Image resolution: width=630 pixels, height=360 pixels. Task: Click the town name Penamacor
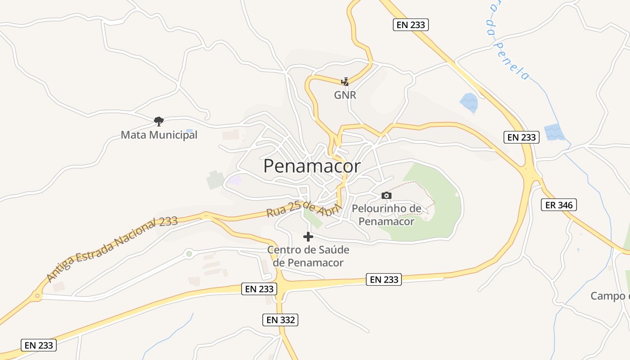click(311, 166)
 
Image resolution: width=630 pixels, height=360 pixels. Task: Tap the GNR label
click(345, 95)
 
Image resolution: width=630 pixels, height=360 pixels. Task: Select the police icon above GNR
click(345, 82)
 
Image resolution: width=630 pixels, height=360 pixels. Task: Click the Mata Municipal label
click(159, 135)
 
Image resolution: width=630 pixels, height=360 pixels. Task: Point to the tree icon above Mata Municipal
click(158, 121)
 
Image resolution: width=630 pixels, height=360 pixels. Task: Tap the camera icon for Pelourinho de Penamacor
click(386, 195)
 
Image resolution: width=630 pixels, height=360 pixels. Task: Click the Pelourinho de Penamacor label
click(387, 215)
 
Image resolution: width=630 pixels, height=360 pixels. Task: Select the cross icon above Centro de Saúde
click(308, 237)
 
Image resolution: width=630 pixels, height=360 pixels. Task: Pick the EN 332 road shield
click(280, 320)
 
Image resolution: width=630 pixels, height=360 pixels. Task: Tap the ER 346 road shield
click(558, 205)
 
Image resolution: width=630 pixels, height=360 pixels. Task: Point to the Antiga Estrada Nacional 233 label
click(112, 248)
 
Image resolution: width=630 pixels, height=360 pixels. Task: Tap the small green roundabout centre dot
click(189, 254)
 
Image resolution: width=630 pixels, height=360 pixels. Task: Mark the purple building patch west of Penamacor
click(234, 180)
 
